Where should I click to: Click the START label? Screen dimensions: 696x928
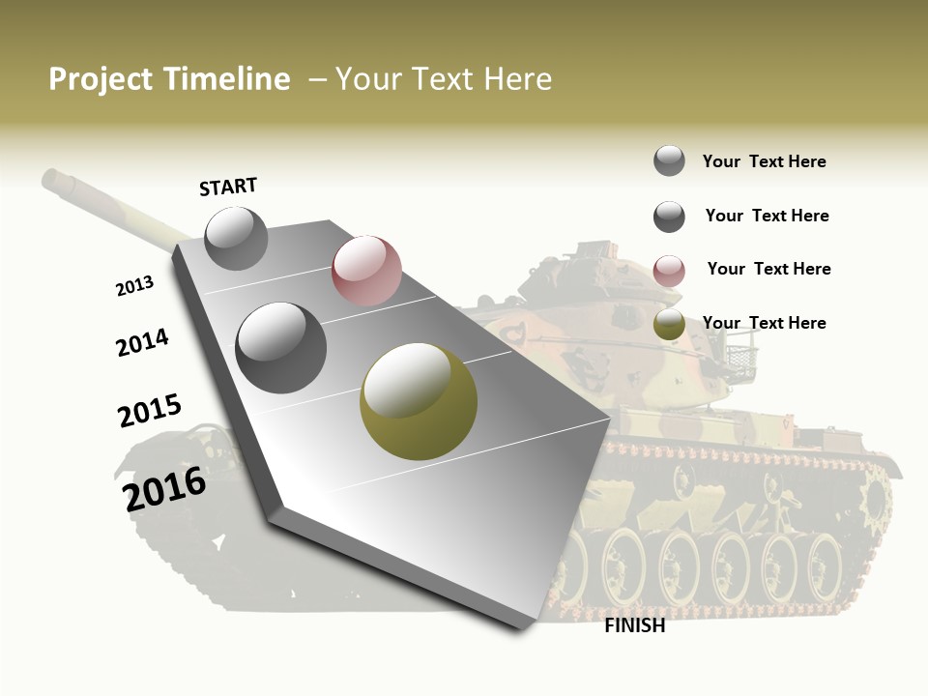(228, 187)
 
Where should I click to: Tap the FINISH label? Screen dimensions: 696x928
(635, 625)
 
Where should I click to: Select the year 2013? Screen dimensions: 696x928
(135, 286)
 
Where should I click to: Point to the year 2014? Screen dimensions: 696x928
(143, 342)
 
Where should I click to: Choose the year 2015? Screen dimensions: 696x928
(150, 411)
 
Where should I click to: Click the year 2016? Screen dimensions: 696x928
(164, 488)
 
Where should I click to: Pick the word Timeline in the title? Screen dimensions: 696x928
(228, 79)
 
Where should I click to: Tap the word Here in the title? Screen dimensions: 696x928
(517, 79)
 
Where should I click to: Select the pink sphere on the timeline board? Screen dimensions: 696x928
(366, 271)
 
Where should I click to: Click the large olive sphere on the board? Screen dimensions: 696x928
(419, 401)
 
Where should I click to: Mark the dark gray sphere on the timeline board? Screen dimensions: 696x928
(281, 348)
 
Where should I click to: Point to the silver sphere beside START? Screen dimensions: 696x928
(237, 238)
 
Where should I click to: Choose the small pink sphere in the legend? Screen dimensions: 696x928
(669, 271)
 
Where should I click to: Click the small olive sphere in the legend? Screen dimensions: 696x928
(669, 325)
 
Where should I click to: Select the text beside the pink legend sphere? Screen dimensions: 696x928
(768, 269)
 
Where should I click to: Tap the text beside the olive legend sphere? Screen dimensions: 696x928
(764, 323)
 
